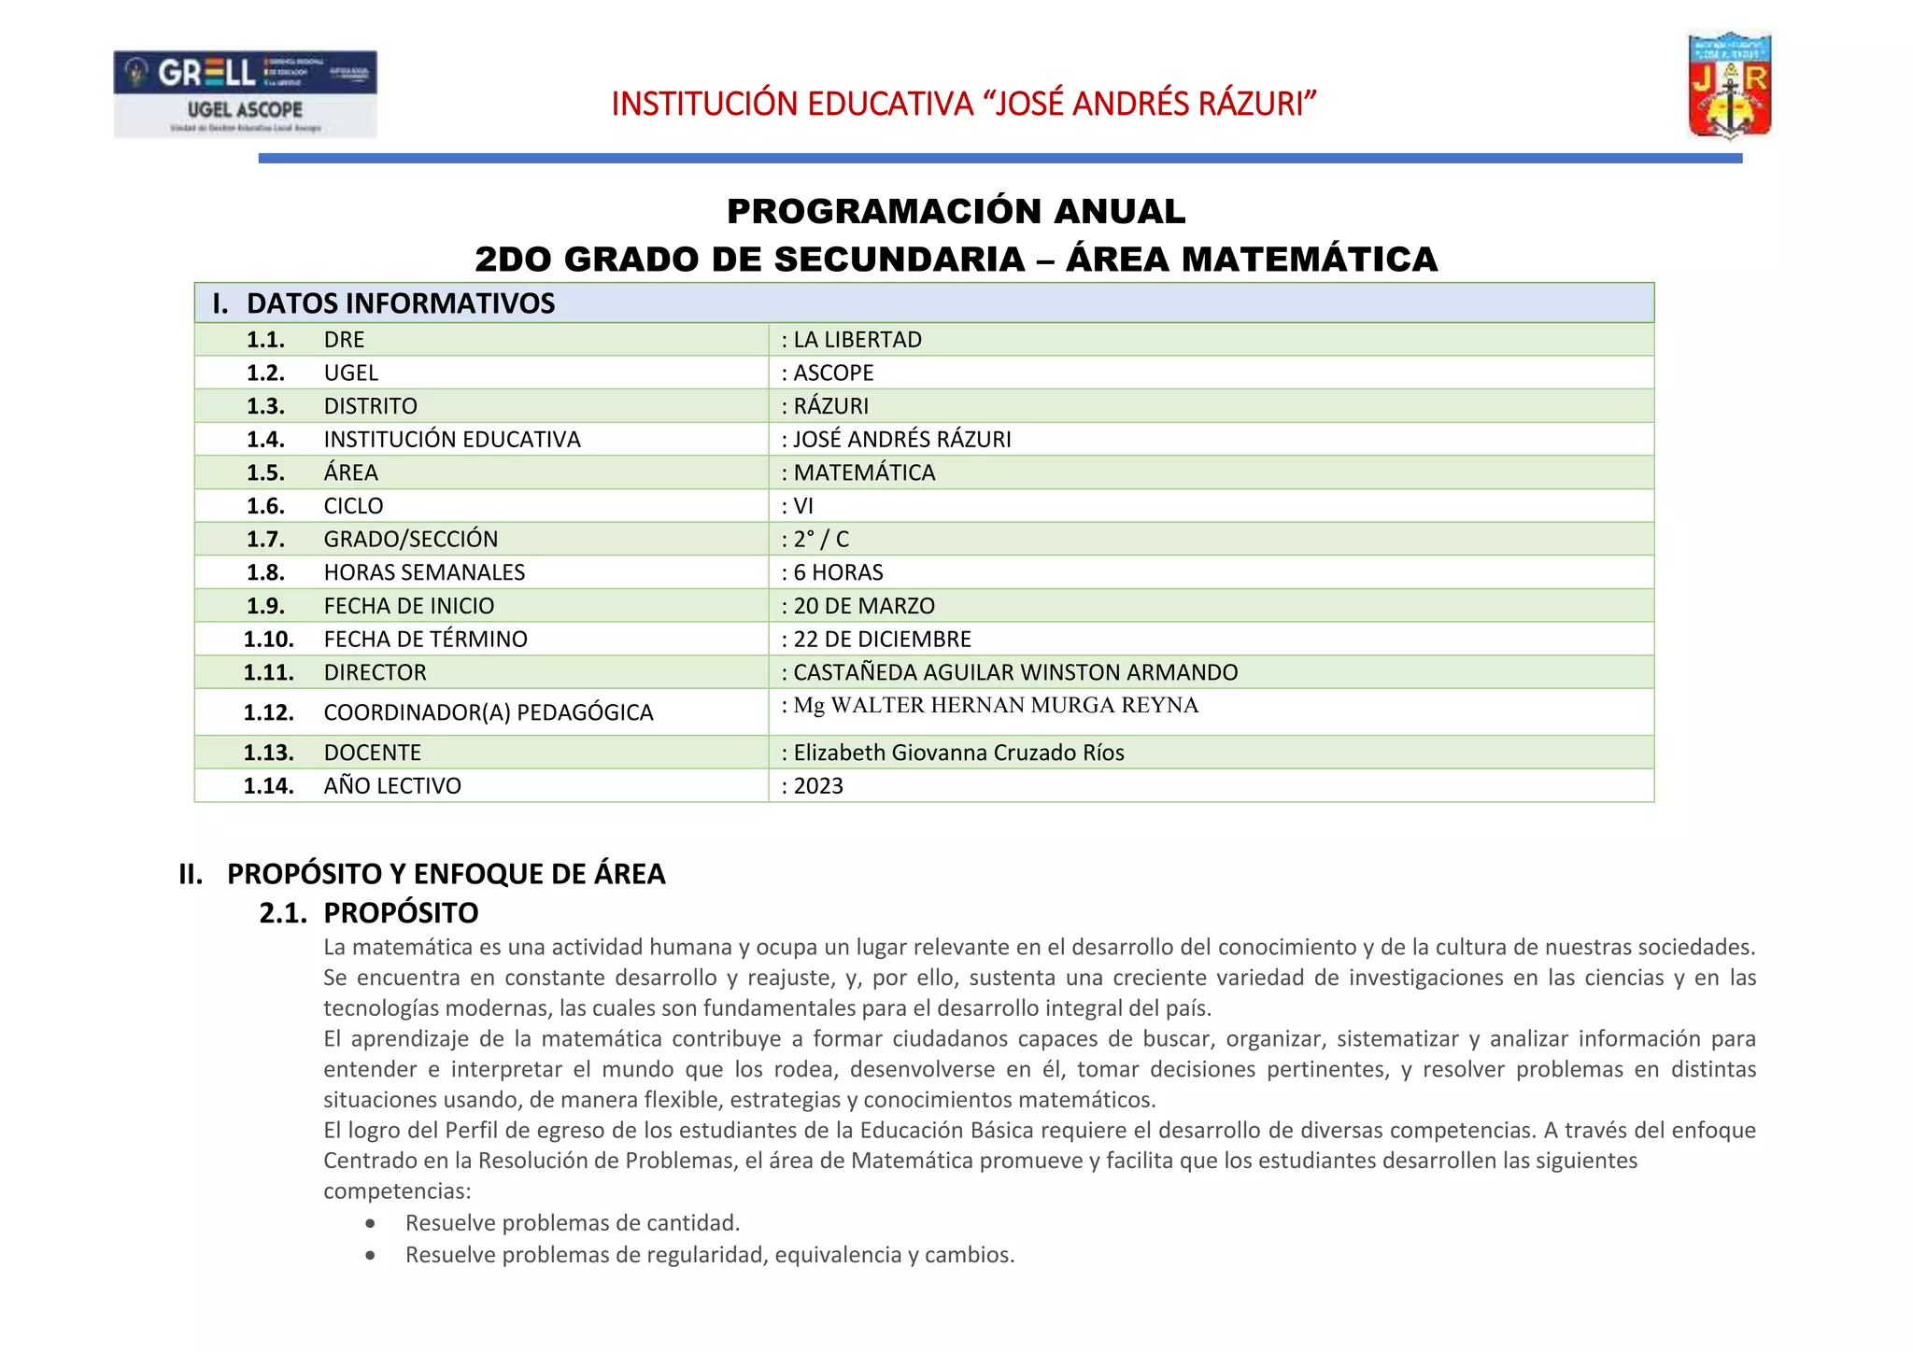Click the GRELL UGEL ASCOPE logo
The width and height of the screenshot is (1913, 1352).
(x=245, y=93)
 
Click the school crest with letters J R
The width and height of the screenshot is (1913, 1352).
(x=1730, y=86)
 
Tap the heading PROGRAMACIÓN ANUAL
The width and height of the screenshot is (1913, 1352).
(x=956, y=212)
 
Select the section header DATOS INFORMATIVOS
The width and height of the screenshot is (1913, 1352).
(x=400, y=303)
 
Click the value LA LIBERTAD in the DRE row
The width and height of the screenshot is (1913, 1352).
(x=857, y=340)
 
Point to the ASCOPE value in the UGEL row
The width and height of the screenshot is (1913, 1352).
(x=832, y=373)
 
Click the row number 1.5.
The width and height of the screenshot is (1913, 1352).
(x=265, y=473)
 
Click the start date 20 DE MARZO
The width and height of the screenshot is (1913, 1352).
(x=863, y=606)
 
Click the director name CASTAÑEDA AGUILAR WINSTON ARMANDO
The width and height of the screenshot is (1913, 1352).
(x=1014, y=672)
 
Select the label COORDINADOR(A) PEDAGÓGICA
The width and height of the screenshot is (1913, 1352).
(x=488, y=712)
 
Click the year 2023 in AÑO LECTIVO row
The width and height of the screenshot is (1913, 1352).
(x=817, y=786)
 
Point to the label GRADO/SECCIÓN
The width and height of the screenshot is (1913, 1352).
(x=410, y=540)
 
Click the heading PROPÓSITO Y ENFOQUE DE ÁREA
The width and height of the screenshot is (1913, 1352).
(x=446, y=874)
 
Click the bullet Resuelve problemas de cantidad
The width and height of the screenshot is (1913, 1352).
(x=572, y=1223)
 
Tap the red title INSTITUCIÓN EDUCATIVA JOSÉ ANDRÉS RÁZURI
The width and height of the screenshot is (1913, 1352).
(x=963, y=104)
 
